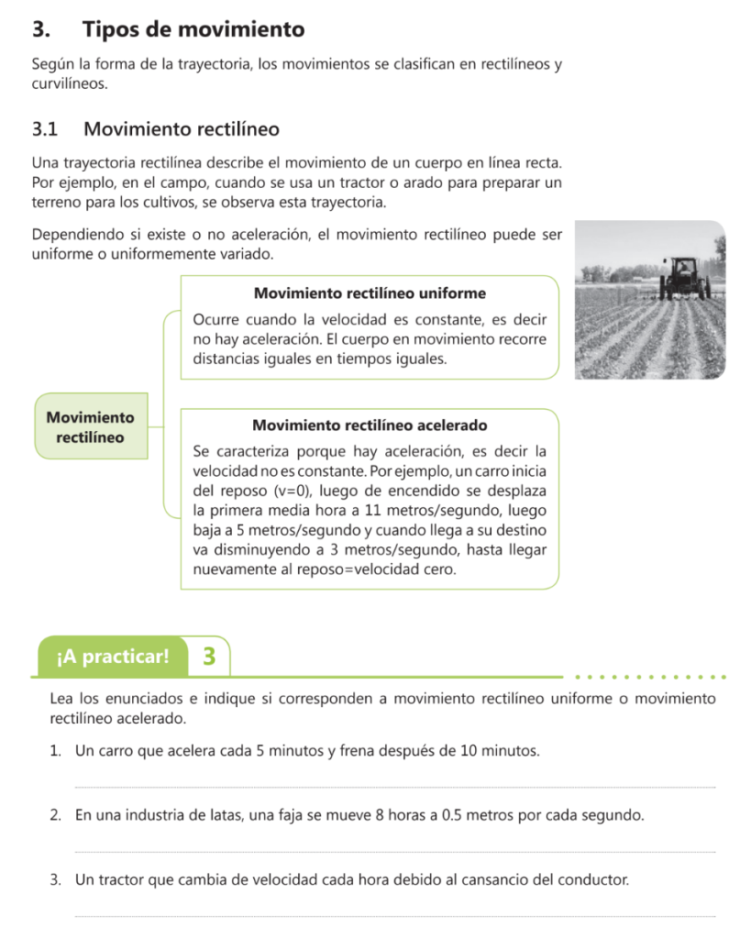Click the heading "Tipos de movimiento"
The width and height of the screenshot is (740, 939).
pos(193,29)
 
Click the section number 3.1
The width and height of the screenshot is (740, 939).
pos(45,129)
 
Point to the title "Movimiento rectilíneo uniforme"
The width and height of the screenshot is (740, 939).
pos(370,293)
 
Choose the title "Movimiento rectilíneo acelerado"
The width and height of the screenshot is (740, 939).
pos(370,425)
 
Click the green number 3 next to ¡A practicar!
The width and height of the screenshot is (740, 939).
pos(210,657)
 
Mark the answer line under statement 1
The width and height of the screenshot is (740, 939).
pos(394,786)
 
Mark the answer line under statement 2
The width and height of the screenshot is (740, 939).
pos(394,851)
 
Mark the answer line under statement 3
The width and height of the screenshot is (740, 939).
pos(394,915)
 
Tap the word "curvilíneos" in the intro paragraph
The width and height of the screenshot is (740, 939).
pos(69,83)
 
